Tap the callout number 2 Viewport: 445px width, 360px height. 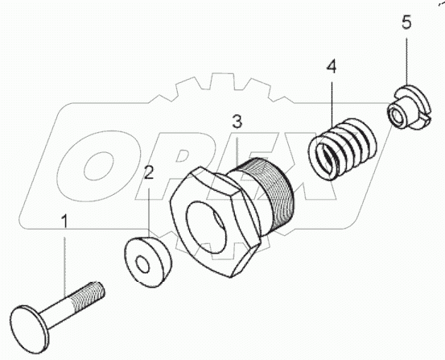tap(150, 172)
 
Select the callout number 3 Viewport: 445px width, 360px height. tap(237, 122)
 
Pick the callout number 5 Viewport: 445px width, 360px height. tap(407, 22)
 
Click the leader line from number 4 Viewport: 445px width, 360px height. tap(331, 101)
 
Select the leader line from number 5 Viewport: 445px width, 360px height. tap(407, 60)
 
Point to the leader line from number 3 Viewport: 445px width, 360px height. tap(237, 149)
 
